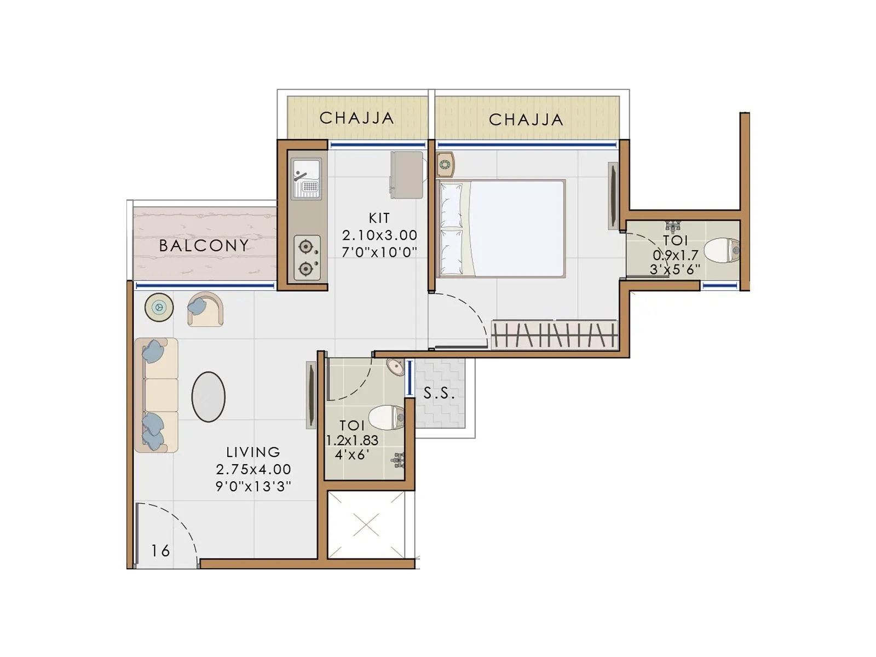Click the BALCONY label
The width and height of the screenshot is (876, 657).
(x=204, y=245)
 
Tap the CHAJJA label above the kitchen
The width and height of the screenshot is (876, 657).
(x=356, y=118)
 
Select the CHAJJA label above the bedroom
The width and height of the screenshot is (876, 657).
(x=526, y=119)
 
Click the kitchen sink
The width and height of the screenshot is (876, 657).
(x=307, y=178)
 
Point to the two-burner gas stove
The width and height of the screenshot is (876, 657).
(x=307, y=257)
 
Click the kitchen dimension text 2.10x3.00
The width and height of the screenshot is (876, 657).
(x=379, y=235)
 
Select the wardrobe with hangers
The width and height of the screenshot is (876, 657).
(x=554, y=335)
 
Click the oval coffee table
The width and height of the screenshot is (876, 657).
(x=208, y=397)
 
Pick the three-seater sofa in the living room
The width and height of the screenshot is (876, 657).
(x=157, y=395)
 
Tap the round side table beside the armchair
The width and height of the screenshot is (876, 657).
(x=159, y=307)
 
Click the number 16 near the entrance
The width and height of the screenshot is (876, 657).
(x=160, y=551)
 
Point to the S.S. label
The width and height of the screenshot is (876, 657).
(x=439, y=393)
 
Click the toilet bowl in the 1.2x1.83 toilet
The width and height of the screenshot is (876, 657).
(x=386, y=418)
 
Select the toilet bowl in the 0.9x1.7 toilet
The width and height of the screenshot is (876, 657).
(x=720, y=251)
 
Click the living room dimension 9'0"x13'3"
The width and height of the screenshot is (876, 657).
(x=253, y=486)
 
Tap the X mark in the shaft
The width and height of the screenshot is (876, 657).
(x=366, y=526)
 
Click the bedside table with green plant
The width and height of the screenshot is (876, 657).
(x=445, y=164)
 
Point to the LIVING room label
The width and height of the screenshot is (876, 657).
(x=253, y=452)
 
